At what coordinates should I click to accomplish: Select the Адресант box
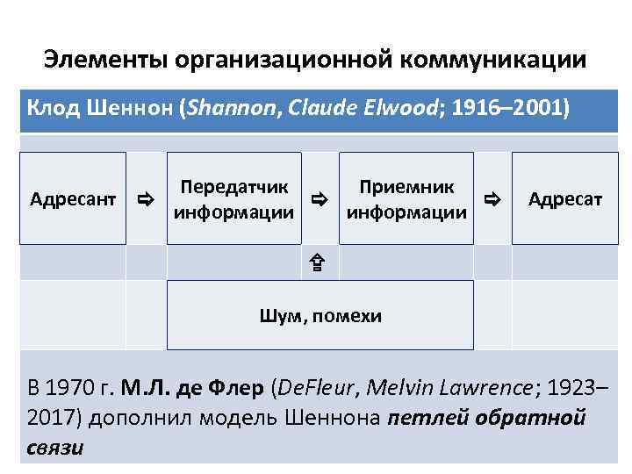tap(73, 199)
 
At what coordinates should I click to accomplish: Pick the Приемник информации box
tap(406, 199)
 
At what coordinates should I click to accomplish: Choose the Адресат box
tap(565, 199)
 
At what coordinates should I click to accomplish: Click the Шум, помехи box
tap(320, 316)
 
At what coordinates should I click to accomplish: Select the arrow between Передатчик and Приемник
tap(320, 200)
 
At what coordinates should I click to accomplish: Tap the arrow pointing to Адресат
tap(492, 200)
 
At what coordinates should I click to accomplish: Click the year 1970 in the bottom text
tap(69, 389)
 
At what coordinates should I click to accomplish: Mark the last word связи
tap(55, 447)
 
